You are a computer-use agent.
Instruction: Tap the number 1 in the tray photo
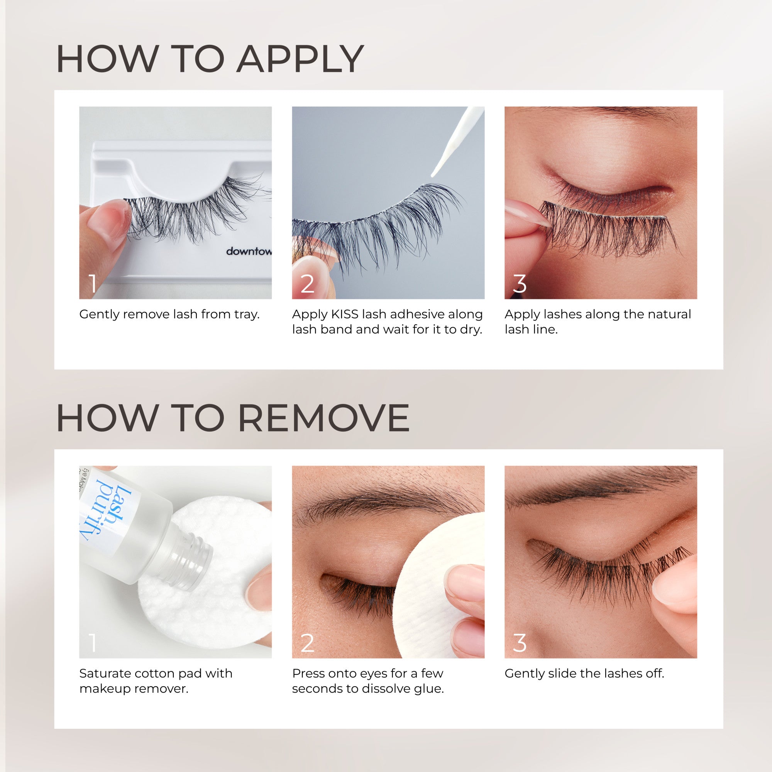tap(93, 284)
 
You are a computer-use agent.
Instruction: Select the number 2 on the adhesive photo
tap(307, 284)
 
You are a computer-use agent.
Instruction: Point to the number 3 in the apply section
tap(520, 284)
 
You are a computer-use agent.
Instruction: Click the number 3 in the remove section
tap(520, 643)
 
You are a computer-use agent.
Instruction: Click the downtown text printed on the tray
tap(249, 251)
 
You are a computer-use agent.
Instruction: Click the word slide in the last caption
tap(562, 674)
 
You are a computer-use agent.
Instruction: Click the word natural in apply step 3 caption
tap(669, 315)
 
